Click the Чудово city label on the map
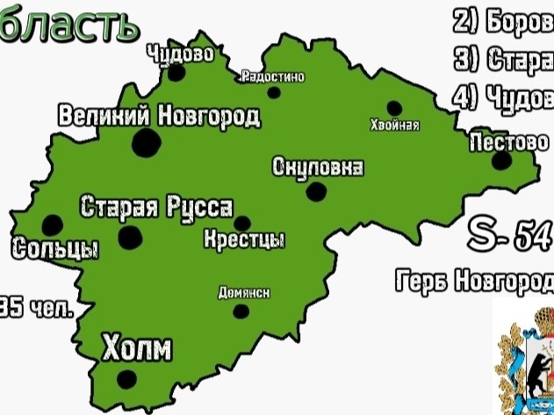pyautogui.click(x=181, y=53)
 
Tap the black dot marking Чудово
pyautogui.click(x=176, y=73)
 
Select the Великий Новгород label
pyautogui.click(x=159, y=115)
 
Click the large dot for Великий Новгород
pyautogui.click(x=146, y=141)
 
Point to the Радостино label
pyautogui.click(x=272, y=77)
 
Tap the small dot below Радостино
pyautogui.click(x=274, y=92)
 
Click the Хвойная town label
pyautogui.click(x=395, y=125)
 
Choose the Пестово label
pyautogui.click(x=509, y=141)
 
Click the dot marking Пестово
pyautogui.click(x=501, y=161)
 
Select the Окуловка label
pyautogui.click(x=318, y=168)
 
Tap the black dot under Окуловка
pyautogui.click(x=316, y=190)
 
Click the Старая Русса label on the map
pyautogui.click(x=156, y=208)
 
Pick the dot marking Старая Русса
pyautogui.click(x=131, y=235)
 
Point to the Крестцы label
pyautogui.click(x=244, y=239)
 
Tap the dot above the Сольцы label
pyautogui.click(x=53, y=225)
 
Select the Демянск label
pyautogui.click(x=243, y=293)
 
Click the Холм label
pyautogui.click(x=136, y=348)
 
